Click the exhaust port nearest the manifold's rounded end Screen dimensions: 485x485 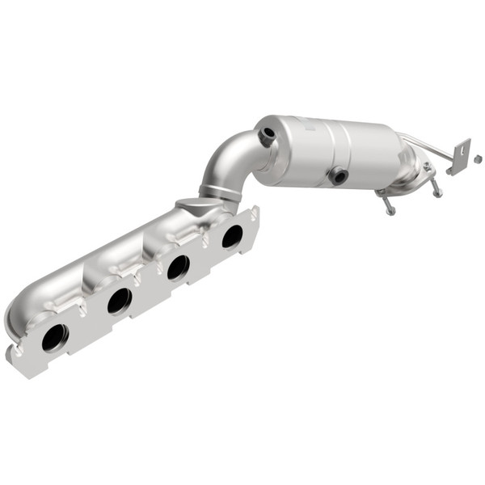point(55,336)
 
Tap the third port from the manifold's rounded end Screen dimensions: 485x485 point(179,266)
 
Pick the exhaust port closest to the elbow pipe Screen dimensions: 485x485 point(232,236)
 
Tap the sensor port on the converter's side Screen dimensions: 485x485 point(339,175)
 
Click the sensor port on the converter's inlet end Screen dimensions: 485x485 point(266,137)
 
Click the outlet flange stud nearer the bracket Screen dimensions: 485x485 point(436,188)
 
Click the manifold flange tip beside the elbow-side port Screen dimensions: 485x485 point(255,213)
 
